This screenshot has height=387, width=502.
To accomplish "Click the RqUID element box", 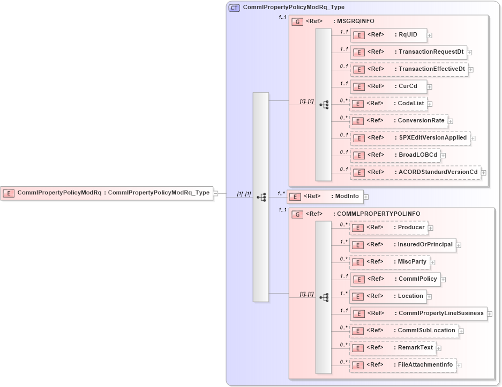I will (x=388, y=35).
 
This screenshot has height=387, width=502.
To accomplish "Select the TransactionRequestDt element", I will (x=408, y=52).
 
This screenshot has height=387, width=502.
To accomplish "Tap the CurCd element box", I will (x=388, y=86).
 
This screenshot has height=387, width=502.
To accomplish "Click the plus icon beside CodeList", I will (x=430, y=104).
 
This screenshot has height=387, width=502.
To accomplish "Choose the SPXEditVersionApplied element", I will (x=410, y=138).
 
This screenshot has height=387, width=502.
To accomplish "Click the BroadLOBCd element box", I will (x=395, y=155).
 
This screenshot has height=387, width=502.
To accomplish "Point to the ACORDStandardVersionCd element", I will (x=415, y=172).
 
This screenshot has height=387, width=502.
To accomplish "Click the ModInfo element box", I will (x=325, y=196).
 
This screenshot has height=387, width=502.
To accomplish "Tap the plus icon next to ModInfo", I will (x=366, y=197).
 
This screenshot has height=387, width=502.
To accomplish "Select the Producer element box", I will (x=388, y=228).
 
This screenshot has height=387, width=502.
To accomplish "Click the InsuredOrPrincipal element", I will (x=402, y=245).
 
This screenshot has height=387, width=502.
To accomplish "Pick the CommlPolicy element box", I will (x=395, y=279).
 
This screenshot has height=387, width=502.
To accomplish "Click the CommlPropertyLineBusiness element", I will (x=418, y=313).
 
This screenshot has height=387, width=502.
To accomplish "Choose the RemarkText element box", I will (x=392, y=348).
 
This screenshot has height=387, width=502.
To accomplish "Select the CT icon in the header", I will (x=234, y=8).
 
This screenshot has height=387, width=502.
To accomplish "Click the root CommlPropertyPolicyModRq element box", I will (x=107, y=193).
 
